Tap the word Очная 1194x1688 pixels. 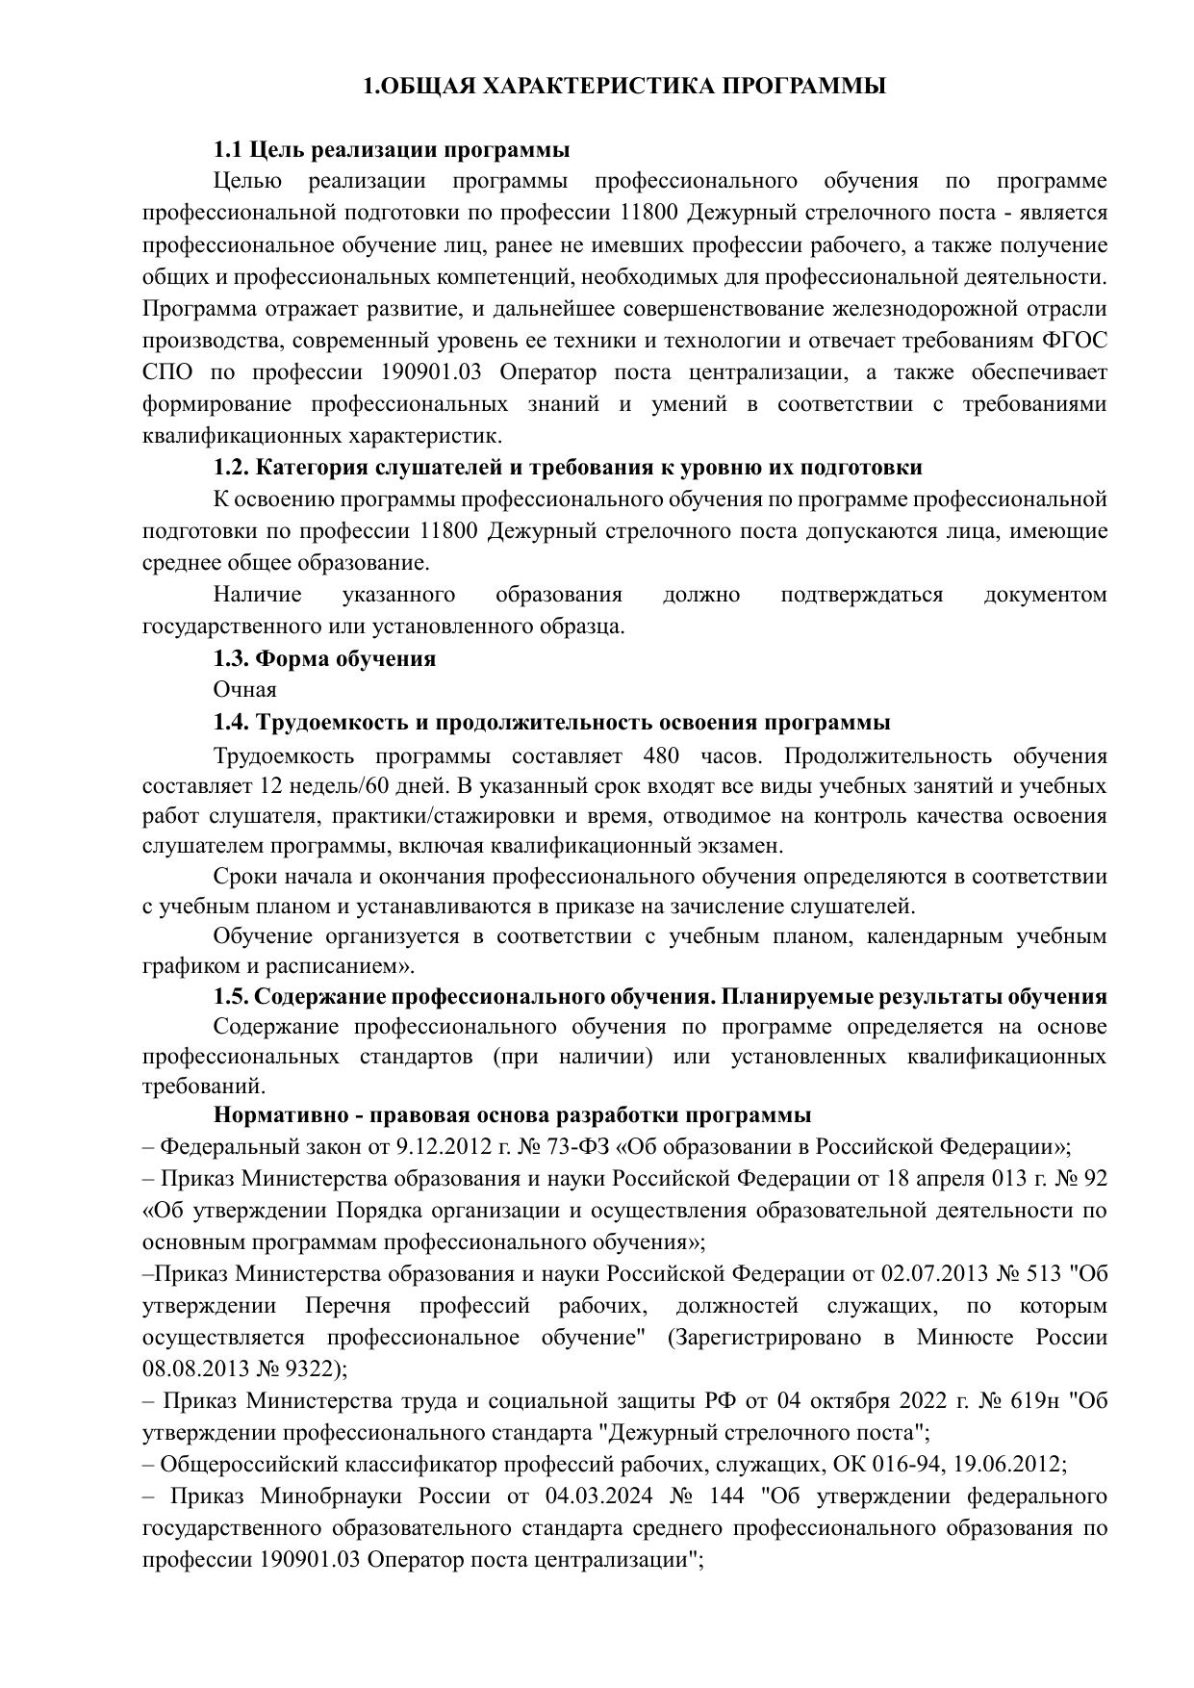(x=244, y=690)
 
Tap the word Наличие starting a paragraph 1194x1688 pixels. (x=257, y=595)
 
